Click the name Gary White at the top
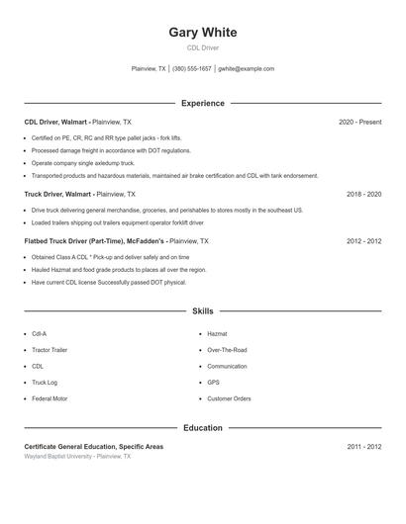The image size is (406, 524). tap(202, 32)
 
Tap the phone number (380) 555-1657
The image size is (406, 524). tap(192, 69)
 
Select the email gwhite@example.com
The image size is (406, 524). tap(246, 69)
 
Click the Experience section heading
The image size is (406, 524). tap(202, 103)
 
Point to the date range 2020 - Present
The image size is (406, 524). tap(359, 122)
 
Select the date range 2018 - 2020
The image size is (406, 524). tap(363, 195)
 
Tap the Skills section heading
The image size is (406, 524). tap(202, 310)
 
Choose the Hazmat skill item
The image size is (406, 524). tap(217, 334)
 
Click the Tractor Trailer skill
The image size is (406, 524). tap(50, 350)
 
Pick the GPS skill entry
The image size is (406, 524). tap(213, 382)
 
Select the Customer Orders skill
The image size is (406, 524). tap(229, 398)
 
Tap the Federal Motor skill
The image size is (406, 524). tap(49, 398)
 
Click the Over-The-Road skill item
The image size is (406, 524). tap(227, 350)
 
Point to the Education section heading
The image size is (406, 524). tap(202, 428)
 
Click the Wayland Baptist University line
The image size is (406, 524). tap(77, 457)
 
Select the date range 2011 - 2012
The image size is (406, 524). tap(363, 447)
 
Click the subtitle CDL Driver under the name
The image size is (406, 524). tap(202, 47)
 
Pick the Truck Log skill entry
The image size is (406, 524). tap(45, 382)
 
